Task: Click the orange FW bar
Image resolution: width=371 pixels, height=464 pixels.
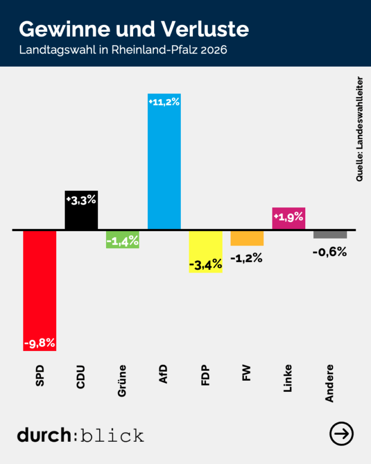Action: pyautogui.click(x=247, y=238)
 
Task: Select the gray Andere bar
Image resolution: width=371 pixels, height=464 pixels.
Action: pyautogui.click(x=330, y=234)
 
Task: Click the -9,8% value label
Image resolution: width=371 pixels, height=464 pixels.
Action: pyautogui.click(x=40, y=343)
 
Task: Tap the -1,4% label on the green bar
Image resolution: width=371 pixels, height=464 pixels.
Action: pyautogui.click(x=122, y=241)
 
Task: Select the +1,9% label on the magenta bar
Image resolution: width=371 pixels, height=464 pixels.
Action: pyautogui.click(x=288, y=216)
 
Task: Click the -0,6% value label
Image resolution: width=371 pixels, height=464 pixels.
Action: pyautogui.click(x=330, y=252)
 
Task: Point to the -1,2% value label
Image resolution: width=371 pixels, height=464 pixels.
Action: pyautogui.click(x=246, y=259)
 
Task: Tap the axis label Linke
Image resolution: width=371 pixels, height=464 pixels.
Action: pyautogui.click(x=288, y=378)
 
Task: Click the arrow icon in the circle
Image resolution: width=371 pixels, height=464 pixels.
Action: pyautogui.click(x=341, y=434)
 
